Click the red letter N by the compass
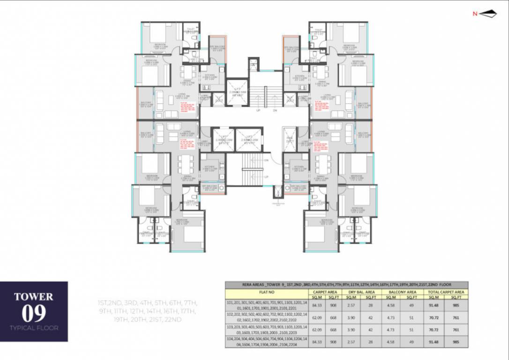[x=475, y=14]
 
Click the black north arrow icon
[x=488, y=14]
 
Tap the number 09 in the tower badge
[x=34, y=313]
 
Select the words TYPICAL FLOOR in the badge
[x=34, y=328]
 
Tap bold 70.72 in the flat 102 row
[x=434, y=317]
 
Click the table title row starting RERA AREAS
[x=346, y=285]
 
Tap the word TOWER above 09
[x=34, y=297]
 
